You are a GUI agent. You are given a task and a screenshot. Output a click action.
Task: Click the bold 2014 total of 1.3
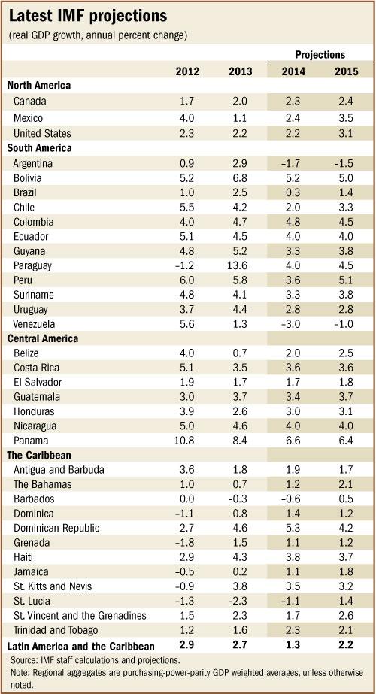(x=293, y=646)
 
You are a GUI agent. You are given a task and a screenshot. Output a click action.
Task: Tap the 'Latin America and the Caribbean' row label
(x=80, y=646)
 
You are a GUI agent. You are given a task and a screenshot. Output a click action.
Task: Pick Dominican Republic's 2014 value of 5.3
(x=293, y=529)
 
